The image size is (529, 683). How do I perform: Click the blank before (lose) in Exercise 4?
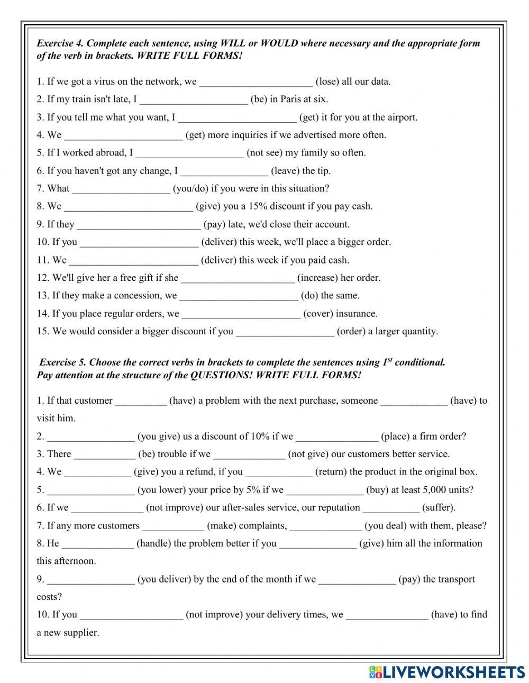click(x=256, y=82)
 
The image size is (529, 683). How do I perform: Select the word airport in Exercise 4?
click(x=400, y=117)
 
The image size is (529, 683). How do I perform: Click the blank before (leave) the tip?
click(x=224, y=171)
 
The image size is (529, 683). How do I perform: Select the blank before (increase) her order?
click(x=238, y=278)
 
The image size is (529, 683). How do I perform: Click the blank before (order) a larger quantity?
click(x=285, y=332)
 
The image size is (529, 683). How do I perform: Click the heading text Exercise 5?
click(x=62, y=363)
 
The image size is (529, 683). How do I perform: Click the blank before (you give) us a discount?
click(x=90, y=437)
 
